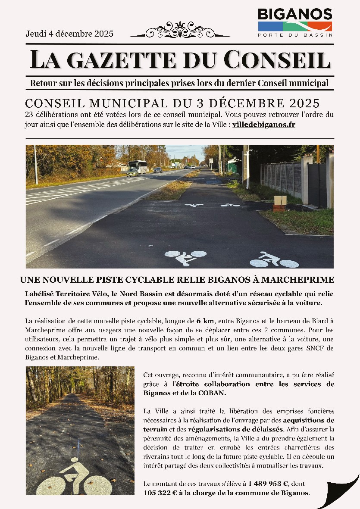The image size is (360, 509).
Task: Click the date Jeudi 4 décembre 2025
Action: pyautogui.click(x=69, y=34)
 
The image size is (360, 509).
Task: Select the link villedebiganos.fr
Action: pyautogui.click(x=264, y=125)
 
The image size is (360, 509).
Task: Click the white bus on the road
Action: pyautogui.click(x=138, y=166)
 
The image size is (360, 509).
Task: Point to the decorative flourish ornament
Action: pyautogui.click(x=180, y=30)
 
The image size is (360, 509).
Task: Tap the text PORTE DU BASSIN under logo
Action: pyautogui.click(x=295, y=35)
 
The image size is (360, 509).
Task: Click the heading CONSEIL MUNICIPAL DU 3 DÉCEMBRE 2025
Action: pyautogui.click(x=172, y=103)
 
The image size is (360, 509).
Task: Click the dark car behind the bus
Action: pyautogui.click(x=158, y=170)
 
